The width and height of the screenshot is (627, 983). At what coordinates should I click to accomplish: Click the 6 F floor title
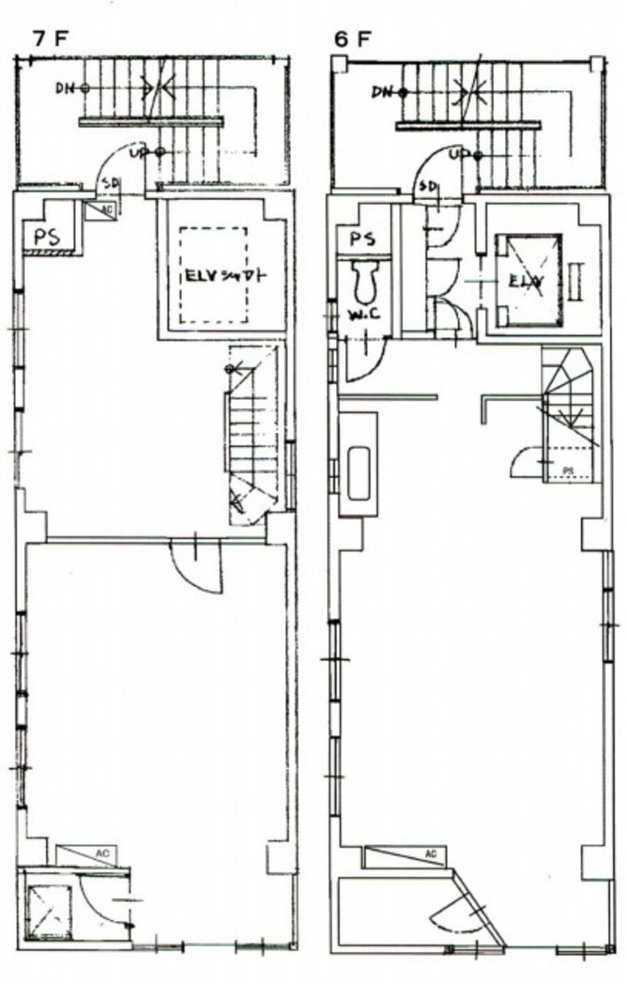pos(353,39)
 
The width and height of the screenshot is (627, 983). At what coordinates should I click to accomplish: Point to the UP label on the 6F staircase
pos(460,154)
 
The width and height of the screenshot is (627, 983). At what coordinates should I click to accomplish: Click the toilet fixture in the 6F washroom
pos(364,283)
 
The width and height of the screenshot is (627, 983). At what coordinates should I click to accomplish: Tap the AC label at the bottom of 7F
pos(102,854)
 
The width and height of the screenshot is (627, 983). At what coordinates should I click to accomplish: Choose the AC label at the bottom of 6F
pos(431,855)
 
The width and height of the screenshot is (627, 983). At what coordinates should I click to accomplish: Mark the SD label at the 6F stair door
pos(428,187)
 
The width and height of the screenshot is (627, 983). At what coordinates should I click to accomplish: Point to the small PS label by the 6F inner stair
pos(567,470)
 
